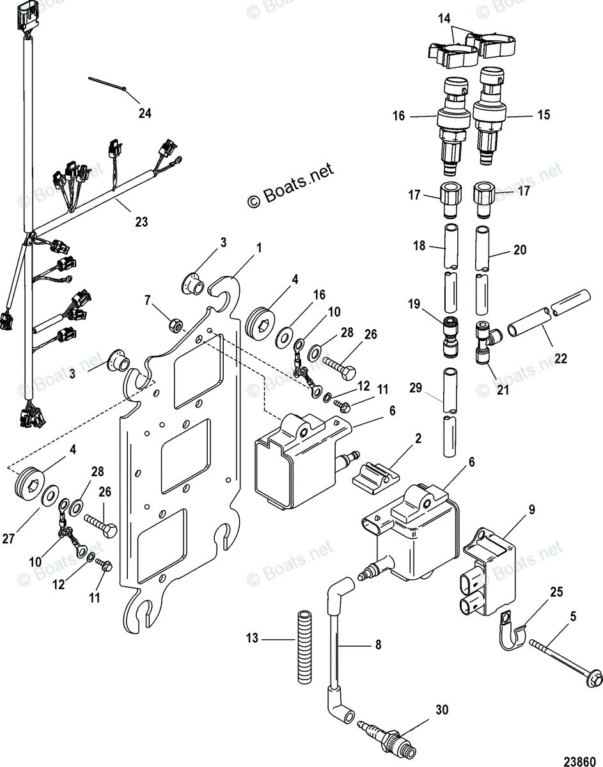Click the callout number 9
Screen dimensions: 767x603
(x=531, y=510)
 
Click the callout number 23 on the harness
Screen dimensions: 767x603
(x=141, y=222)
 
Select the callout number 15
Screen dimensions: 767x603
(x=544, y=116)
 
